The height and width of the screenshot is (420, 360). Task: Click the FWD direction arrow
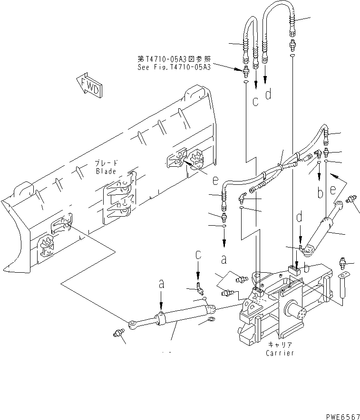pyautogui.click(x=88, y=86)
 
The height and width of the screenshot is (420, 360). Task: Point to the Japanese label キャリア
pyautogui.click(x=280, y=345)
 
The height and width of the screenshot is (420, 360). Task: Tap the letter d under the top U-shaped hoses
pyautogui.click(x=268, y=95)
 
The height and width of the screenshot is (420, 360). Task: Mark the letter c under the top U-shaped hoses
pyautogui.click(x=255, y=101)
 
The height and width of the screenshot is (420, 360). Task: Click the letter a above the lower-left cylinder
pyautogui.click(x=162, y=284)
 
